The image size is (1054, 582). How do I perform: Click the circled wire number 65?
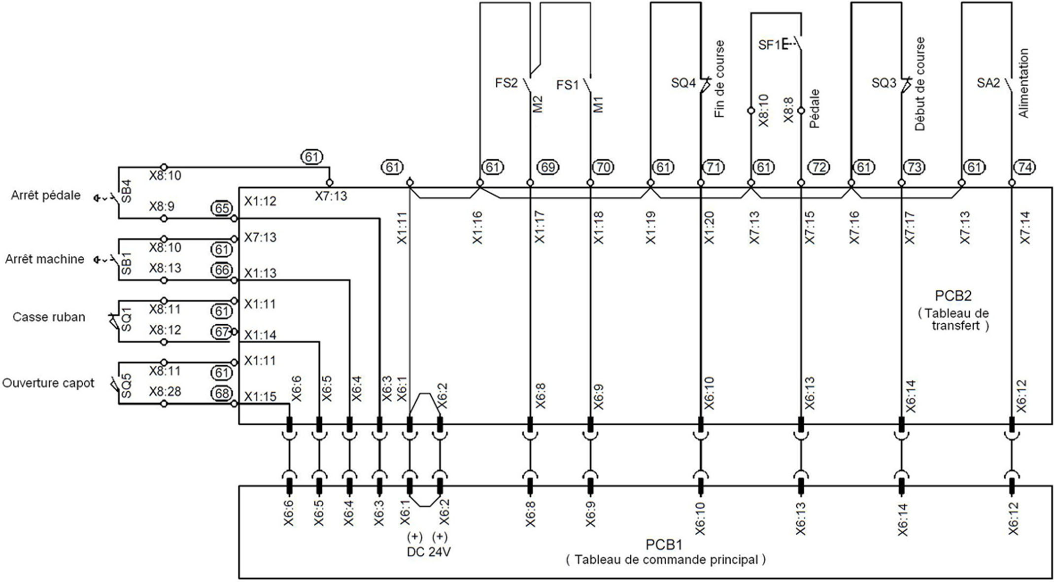[x=222, y=208]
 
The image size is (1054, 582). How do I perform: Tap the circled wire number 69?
[x=547, y=167]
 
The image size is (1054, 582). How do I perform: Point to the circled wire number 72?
[x=818, y=167]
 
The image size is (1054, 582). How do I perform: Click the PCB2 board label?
[x=953, y=296]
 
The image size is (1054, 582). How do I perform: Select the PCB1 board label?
[x=664, y=545]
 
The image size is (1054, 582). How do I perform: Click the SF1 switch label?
[x=769, y=45]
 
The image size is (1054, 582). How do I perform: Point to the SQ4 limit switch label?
[x=683, y=83]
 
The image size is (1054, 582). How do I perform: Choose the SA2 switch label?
[x=988, y=83]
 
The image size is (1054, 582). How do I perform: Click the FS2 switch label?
[x=506, y=83]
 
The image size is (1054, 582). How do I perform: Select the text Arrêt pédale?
[x=46, y=196]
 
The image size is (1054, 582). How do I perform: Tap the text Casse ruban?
[x=49, y=317]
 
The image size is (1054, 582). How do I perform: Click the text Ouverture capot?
[x=48, y=383]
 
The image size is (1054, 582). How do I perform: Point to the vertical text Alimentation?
[x=1023, y=83]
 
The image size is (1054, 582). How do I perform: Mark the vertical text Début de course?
[x=919, y=84]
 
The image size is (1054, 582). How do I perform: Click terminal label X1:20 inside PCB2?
[x=709, y=228]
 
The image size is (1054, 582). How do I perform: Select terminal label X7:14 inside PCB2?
[x=1025, y=228]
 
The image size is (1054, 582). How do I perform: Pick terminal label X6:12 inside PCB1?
[x=1013, y=519]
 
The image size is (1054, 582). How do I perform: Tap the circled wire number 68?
[x=222, y=393]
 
